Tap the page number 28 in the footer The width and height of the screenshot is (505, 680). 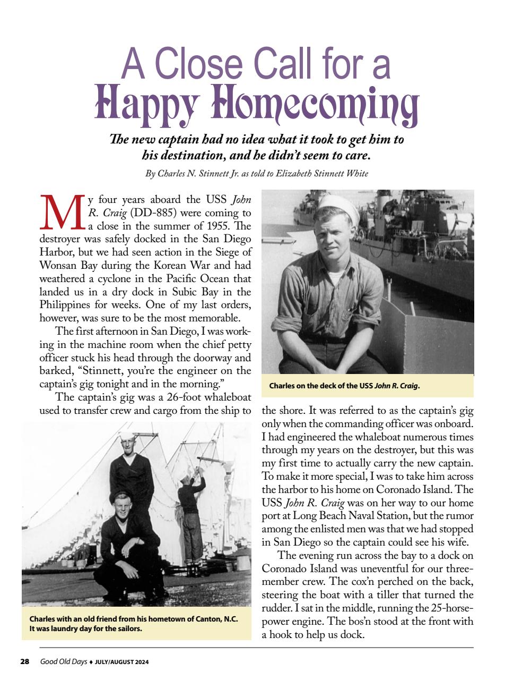pyautogui.click(x=24, y=662)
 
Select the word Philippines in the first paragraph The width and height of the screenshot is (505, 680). pyautogui.click(x=63, y=305)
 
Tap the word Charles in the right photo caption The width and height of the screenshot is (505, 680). pyautogui.click(x=283, y=386)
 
